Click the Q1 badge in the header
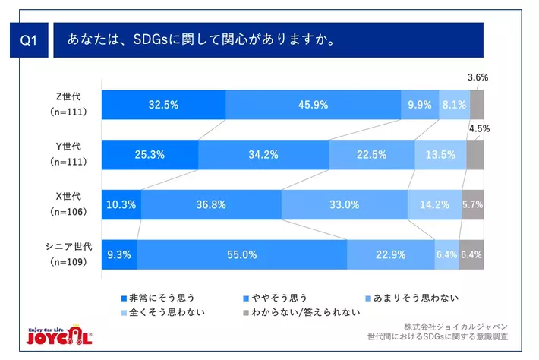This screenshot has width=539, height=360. (29, 43)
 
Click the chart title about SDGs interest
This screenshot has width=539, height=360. (202, 39)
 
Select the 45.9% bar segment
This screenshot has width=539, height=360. (313, 105)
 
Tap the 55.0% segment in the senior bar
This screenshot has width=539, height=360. (241, 254)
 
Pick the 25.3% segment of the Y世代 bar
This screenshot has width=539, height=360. (150, 155)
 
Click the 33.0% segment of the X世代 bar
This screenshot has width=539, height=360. (344, 205)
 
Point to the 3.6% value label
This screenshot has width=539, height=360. (478, 77)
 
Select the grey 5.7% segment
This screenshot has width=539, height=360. (472, 205)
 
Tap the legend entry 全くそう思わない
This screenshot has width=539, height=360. (163, 311)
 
